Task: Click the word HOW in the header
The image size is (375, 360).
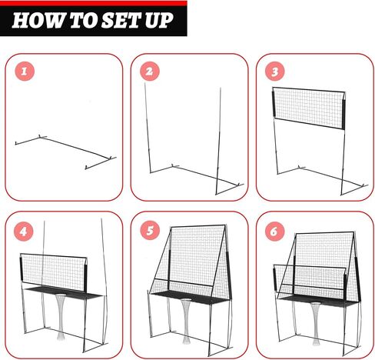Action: point(37,21)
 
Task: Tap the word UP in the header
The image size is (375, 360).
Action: point(159,21)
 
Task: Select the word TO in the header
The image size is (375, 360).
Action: point(83,21)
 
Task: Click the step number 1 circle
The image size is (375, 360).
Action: point(25,71)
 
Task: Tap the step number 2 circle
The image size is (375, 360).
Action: point(150,71)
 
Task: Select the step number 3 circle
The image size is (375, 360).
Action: point(275,71)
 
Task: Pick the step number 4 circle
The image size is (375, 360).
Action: point(24,232)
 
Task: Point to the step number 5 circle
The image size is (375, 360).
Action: point(150,230)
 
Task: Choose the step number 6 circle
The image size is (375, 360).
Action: point(274,232)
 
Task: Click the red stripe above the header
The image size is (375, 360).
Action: point(94,3)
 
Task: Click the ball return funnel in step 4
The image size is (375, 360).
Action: point(61,317)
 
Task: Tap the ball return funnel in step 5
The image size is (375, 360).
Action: point(186,321)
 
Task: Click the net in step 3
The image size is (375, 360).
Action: point(309,108)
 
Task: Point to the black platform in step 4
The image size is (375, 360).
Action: point(64,293)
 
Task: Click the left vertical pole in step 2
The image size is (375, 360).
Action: point(148,128)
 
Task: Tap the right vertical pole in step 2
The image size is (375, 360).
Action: point(218,141)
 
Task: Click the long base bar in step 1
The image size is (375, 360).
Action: point(77,148)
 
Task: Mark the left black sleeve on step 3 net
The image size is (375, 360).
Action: point(274,104)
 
